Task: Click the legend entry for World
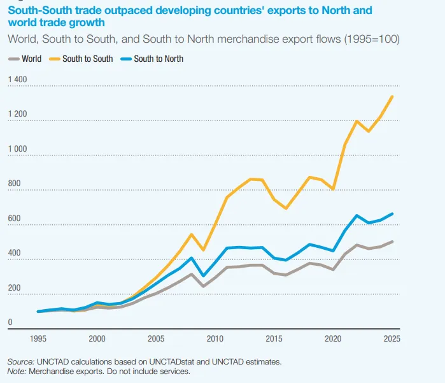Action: click(31, 59)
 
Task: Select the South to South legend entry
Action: click(87, 59)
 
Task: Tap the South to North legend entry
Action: click(158, 59)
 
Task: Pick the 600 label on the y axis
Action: click(14, 219)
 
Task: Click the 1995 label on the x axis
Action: click(39, 338)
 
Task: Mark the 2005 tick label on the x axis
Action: click(156, 338)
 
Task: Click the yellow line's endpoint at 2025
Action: click(392, 96)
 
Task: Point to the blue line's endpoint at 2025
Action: click(392, 213)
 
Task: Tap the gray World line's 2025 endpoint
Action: click(392, 242)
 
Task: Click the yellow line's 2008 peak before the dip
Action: click(192, 235)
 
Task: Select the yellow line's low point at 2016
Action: click(286, 208)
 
